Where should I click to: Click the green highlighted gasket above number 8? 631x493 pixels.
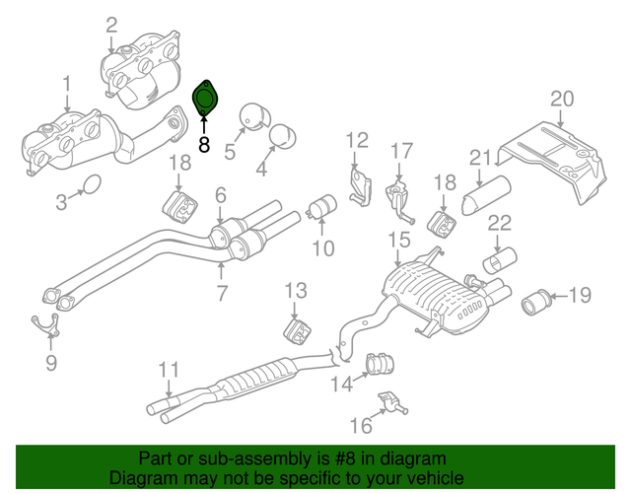pos(205,99)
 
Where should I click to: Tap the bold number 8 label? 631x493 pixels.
pos(204,144)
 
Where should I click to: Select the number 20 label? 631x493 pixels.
pos(561,99)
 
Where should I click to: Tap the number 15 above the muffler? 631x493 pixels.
pos(398,240)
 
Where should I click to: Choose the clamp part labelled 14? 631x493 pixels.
pos(376,366)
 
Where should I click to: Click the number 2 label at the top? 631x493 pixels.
pos(110,25)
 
